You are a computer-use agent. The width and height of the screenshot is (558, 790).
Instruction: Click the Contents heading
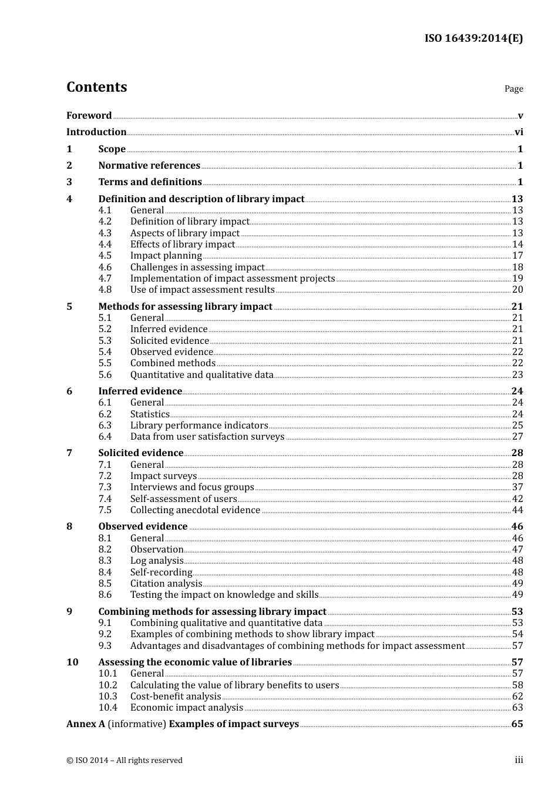(x=96, y=87)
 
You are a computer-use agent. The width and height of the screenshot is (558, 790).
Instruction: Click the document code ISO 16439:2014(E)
(x=473, y=39)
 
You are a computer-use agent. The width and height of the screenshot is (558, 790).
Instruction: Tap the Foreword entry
(x=89, y=116)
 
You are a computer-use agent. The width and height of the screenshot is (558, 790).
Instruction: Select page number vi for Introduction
(x=519, y=132)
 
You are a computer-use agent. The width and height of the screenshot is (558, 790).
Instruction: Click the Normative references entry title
(x=149, y=166)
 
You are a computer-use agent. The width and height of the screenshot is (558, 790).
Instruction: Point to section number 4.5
(x=105, y=256)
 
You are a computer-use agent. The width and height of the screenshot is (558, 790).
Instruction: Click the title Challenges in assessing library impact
(x=197, y=267)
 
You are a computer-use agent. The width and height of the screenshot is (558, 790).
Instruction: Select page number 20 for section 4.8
(x=517, y=290)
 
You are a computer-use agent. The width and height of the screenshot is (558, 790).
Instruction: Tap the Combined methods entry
(x=173, y=363)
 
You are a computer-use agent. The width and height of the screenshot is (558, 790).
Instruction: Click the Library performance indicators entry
(x=199, y=426)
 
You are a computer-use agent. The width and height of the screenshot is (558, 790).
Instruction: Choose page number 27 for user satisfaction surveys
(x=517, y=437)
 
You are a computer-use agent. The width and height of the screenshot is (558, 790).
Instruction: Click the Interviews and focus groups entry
(x=192, y=487)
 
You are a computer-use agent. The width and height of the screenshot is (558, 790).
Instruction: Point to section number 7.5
(x=105, y=510)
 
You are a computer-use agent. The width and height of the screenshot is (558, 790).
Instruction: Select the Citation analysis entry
(x=166, y=584)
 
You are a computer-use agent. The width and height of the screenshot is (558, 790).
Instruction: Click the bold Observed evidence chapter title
(x=143, y=527)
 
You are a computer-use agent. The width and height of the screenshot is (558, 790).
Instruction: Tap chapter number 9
(x=69, y=612)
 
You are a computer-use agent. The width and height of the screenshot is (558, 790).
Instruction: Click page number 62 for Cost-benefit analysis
(x=517, y=697)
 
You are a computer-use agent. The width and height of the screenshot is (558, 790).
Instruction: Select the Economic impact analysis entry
(x=187, y=708)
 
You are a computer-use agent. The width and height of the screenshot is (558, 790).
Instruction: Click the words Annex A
(x=86, y=724)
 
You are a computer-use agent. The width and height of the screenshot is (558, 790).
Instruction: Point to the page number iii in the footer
(x=519, y=760)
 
